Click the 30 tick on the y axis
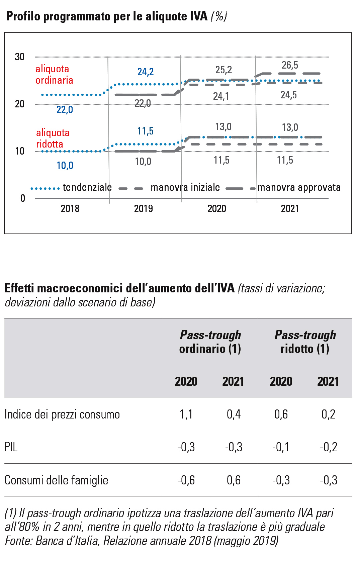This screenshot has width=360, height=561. pos(19,57)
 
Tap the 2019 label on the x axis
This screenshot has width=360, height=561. pos(143,209)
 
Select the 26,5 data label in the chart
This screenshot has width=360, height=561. pos(290,65)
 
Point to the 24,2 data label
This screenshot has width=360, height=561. pos(146,72)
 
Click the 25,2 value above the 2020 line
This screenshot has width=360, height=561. pos(223,70)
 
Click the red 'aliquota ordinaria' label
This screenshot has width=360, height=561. pos(54,75)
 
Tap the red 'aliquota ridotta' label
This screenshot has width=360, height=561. pos(53,138)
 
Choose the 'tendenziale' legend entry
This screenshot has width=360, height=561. pos(87,187)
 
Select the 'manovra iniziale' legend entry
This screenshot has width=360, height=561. pos(185,187)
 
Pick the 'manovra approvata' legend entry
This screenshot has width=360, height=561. pos(299,187)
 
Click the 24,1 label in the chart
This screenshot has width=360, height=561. pos(221,96)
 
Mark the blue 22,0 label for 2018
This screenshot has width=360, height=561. pos(65,110)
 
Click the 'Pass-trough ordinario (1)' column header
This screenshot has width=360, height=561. pos(210,342)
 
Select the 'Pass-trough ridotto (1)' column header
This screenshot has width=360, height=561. pos(305,342)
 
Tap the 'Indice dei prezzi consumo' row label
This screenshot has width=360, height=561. pos(62,414)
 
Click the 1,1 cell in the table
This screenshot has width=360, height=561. pos(186,414)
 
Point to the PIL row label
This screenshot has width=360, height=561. pos(11,447)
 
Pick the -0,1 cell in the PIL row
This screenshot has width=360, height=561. pos(281,447)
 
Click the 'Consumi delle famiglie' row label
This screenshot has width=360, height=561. pos(56,480)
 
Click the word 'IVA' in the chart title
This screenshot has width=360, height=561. pos(199,16)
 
